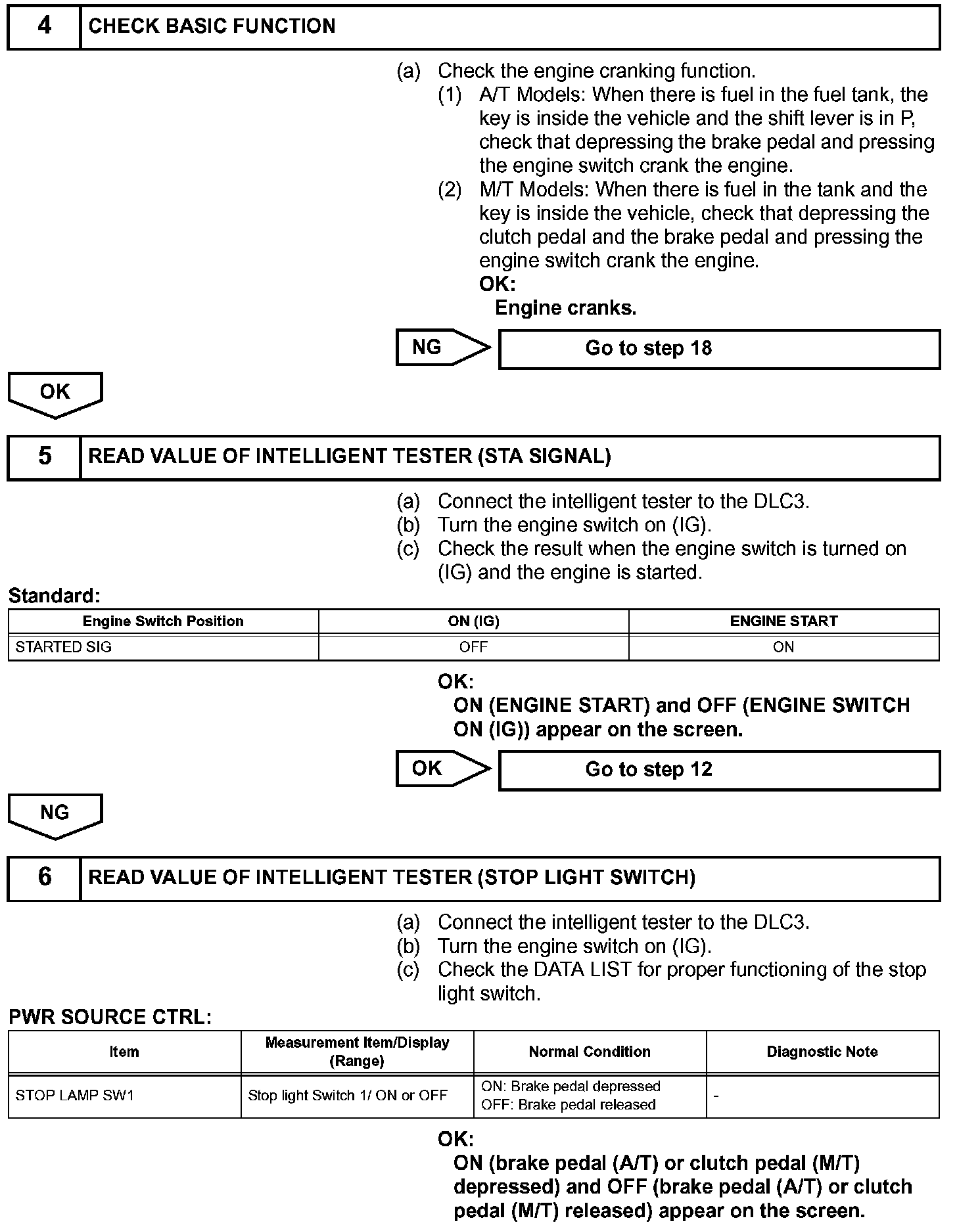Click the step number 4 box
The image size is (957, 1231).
pyautogui.click(x=44, y=26)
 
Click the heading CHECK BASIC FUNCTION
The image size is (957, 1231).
pyautogui.click(x=212, y=26)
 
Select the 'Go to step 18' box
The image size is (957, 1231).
pyautogui.click(x=719, y=349)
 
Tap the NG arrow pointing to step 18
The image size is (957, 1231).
pyautogui.click(x=442, y=347)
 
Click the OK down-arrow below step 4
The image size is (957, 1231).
pyautogui.click(x=55, y=393)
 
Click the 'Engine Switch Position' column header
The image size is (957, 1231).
pyautogui.click(x=163, y=621)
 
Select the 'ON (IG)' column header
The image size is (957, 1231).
pyautogui.click(x=473, y=621)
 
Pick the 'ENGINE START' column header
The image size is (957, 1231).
pyautogui.click(x=783, y=621)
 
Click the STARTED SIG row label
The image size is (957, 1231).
pyautogui.click(x=64, y=647)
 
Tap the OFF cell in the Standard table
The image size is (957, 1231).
pyautogui.click(x=473, y=647)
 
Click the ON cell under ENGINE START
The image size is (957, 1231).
pyautogui.click(x=783, y=647)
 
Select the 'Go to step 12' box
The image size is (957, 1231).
pyautogui.click(x=719, y=770)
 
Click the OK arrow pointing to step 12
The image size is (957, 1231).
pyautogui.click(x=442, y=769)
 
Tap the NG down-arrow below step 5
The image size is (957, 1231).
pyautogui.click(x=55, y=815)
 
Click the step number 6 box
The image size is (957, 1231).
pyautogui.click(x=44, y=878)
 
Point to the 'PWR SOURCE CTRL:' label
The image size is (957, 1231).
pyautogui.click(x=110, y=1018)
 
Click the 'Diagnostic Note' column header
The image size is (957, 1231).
pyautogui.click(x=822, y=1052)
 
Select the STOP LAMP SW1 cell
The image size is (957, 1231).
pyautogui.click(x=75, y=1096)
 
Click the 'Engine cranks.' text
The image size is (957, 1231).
pyautogui.click(x=565, y=308)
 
